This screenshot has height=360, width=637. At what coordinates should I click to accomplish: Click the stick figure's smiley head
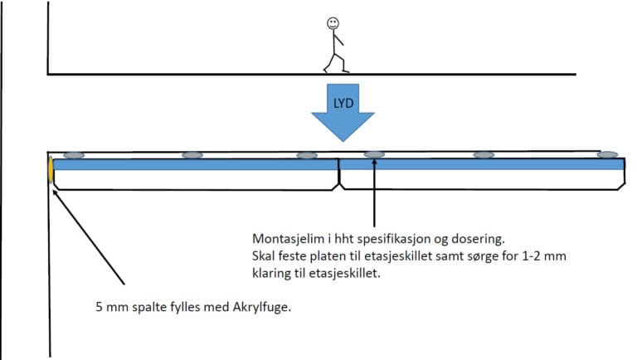pos(333,24)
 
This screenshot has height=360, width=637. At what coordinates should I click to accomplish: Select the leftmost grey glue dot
pos(73,155)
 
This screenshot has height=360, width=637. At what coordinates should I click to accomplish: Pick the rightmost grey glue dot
pos(607,155)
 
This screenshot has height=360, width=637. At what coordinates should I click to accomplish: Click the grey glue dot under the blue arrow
pos(373,155)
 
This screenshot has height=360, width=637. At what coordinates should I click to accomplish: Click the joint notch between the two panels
pos(340,177)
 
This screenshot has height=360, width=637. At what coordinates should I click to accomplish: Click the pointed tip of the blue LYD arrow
pos(343,141)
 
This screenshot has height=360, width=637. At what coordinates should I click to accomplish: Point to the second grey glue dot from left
pos(192,155)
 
